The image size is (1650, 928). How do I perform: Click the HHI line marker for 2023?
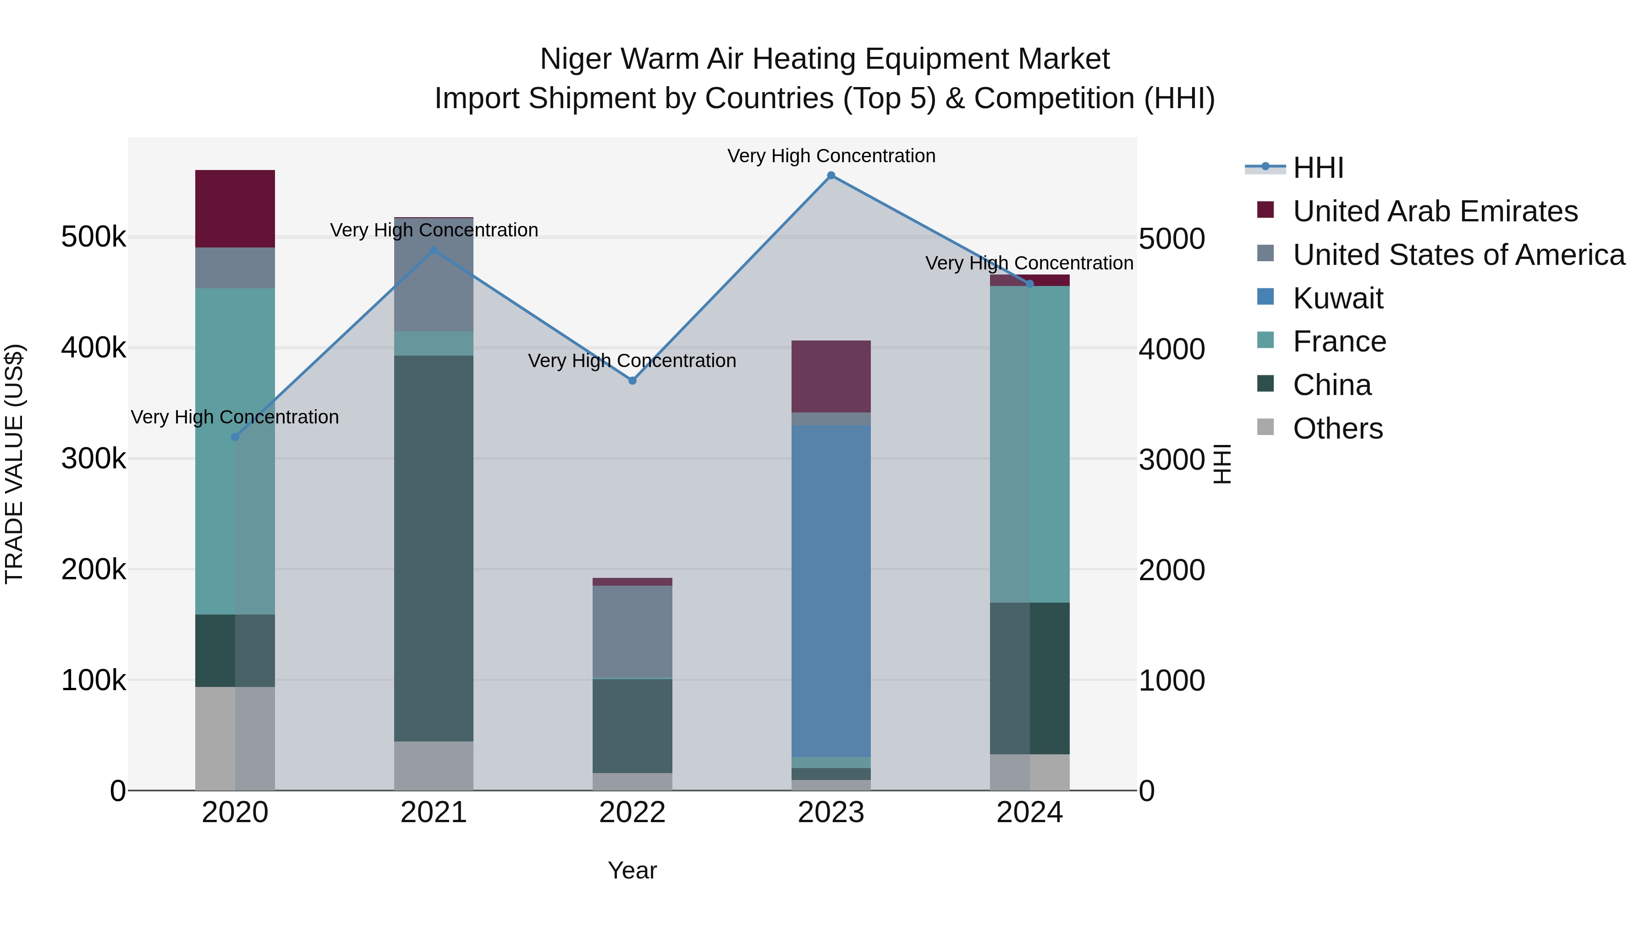[x=831, y=176]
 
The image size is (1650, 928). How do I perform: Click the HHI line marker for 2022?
[x=632, y=380]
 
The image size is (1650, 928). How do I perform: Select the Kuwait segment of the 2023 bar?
[x=831, y=589]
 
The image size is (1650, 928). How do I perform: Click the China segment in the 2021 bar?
[x=434, y=548]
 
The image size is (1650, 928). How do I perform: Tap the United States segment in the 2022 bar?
[x=632, y=631]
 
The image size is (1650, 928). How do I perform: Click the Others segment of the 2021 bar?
[x=434, y=765]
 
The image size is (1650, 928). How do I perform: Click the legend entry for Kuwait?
[x=1337, y=298]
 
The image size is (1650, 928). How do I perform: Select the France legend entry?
[x=1339, y=342]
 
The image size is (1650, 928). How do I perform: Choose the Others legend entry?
[x=1337, y=429]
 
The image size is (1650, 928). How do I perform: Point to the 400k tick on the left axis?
[x=93, y=348]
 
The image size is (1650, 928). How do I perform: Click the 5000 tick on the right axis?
[x=1171, y=239]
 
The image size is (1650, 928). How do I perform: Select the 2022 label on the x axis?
[x=632, y=813]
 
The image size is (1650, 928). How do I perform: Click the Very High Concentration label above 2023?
[x=831, y=156]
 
